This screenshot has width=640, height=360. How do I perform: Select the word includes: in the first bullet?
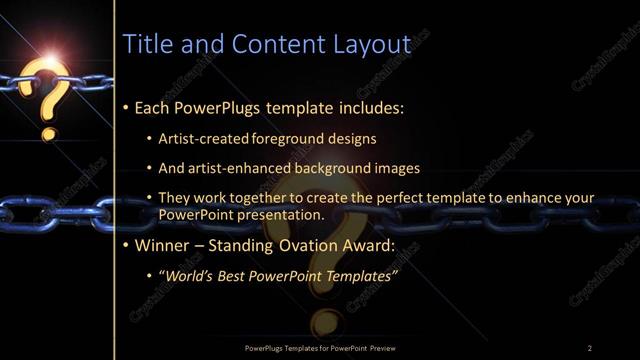[368, 106]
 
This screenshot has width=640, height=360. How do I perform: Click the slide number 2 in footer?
[590, 347]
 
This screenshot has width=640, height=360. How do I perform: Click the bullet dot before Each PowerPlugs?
[125, 106]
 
